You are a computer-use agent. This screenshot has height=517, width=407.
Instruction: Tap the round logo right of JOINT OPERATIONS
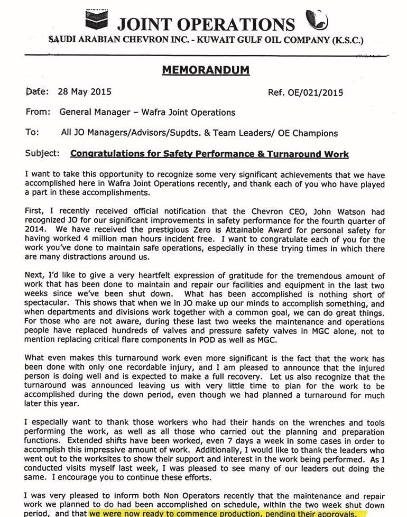tap(317, 20)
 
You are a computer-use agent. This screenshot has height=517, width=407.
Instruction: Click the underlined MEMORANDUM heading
tap(206, 70)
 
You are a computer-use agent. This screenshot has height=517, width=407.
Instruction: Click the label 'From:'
tap(38, 112)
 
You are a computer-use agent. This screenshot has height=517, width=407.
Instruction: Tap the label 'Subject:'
tap(42, 154)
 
